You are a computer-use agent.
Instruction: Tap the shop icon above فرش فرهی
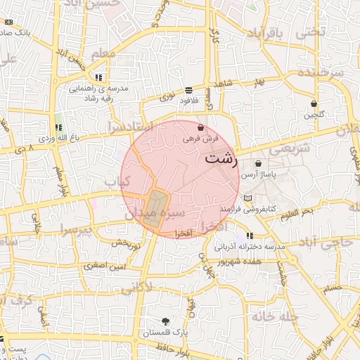coord(201,128)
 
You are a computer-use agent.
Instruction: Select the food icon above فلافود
coord(189,90)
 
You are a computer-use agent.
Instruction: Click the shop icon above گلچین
coord(314,103)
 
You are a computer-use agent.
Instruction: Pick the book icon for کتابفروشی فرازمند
coord(247,198)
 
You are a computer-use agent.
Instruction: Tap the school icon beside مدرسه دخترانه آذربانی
coord(249,236)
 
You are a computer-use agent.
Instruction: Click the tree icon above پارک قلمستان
coord(165,321)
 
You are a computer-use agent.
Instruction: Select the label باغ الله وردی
coord(56,139)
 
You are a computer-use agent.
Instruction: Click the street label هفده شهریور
coord(240,261)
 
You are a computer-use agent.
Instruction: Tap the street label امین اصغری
coord(104,266)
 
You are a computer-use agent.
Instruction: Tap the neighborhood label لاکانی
coord(136,288)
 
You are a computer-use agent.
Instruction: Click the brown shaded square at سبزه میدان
coord(155,209)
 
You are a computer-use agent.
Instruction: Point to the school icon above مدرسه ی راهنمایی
coord(99,77)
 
